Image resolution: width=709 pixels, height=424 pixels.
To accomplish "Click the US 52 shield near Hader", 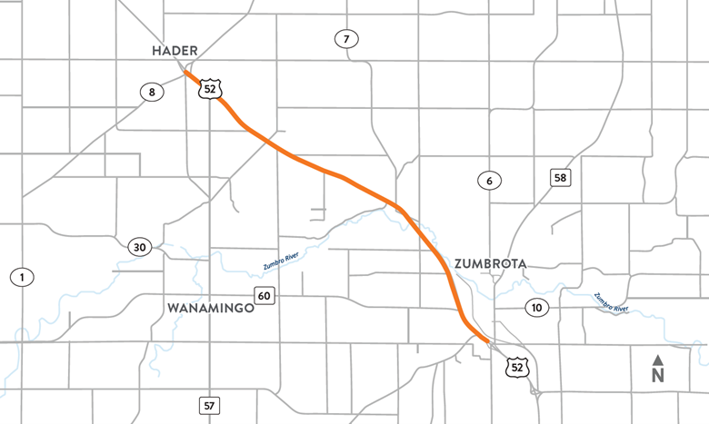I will click(212, 89).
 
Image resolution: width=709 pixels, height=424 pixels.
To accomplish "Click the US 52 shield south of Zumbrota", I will click(517, 366).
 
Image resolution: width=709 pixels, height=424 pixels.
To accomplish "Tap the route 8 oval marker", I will click(150, 91).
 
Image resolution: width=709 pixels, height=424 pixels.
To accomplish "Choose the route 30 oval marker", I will click(139, 247).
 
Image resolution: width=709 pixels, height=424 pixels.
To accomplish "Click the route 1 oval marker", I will click(19, 276).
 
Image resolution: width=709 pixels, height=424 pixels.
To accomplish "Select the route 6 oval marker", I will click(489, 181).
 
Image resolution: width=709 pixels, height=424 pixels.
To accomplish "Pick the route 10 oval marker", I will click(536, 309).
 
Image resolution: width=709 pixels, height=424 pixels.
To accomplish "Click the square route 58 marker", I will click(561, 177).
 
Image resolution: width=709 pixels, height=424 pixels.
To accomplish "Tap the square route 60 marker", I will click(265, 297).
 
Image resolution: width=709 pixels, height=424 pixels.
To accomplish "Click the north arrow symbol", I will click(658, 359).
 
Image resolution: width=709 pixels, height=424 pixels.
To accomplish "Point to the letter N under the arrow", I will click(658, 373).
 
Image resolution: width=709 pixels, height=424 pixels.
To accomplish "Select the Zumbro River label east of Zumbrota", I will click(611, 302).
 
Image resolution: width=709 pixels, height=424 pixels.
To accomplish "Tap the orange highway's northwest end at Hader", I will click(187, 72).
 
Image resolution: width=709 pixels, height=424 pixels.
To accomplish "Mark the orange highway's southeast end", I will click(492, 343).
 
